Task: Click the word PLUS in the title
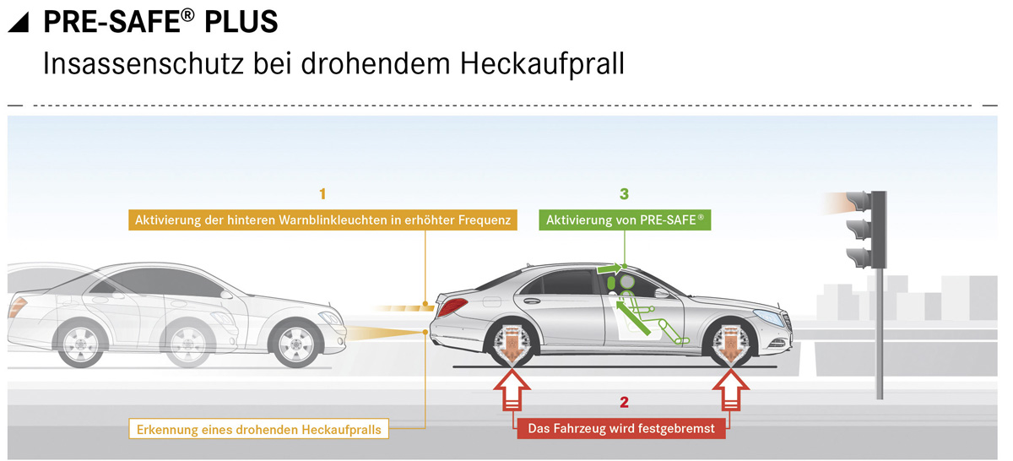[241, 22]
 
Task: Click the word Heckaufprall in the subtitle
[542, 63]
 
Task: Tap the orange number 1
[322, 194]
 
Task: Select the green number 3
[624, 194]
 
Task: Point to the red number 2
[624, 402]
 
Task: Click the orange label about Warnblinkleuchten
[322, 220]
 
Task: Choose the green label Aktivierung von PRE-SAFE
[625, 220]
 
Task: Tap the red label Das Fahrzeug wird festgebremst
[621, 428]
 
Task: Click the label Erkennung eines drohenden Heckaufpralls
[258, 429]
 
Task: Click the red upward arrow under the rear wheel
[512, 390]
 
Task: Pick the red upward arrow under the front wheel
[731, 390]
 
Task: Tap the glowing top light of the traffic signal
[858, 201]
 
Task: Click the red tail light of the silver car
[452, 306]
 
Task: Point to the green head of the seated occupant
[626, 282]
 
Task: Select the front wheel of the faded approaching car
[296, 344]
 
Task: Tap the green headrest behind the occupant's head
[611, 283]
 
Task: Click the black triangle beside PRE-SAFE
[18, 22]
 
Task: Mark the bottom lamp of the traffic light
[858, 258]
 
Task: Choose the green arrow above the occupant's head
[609, 269]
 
